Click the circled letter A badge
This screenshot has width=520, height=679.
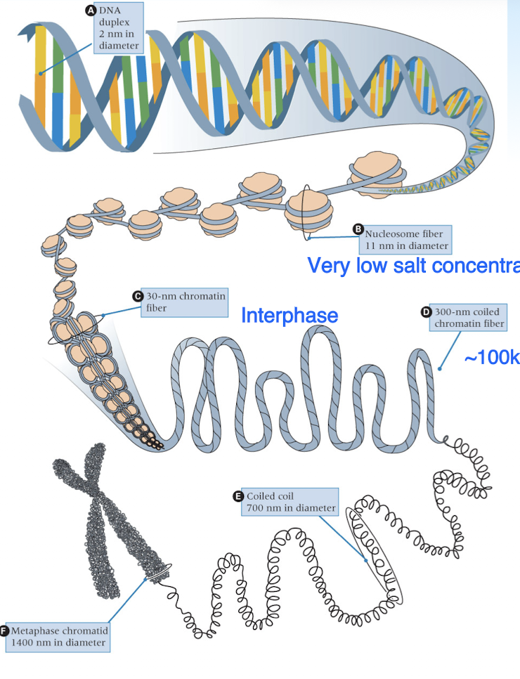90,11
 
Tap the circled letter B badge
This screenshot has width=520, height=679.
358,229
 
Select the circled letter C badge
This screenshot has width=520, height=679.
138,296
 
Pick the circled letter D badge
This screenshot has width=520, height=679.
426,311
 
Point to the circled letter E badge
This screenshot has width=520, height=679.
239,496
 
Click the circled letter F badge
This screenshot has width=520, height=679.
5,630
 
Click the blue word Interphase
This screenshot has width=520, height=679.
290,315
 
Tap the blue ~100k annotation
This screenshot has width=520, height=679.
491,357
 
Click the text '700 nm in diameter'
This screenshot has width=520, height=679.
291,507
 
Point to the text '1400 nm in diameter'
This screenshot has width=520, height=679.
58,642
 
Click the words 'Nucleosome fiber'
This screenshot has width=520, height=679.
404,234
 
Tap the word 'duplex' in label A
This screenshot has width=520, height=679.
113,22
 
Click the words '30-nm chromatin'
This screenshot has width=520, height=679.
186,296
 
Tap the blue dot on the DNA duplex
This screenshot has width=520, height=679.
41,72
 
